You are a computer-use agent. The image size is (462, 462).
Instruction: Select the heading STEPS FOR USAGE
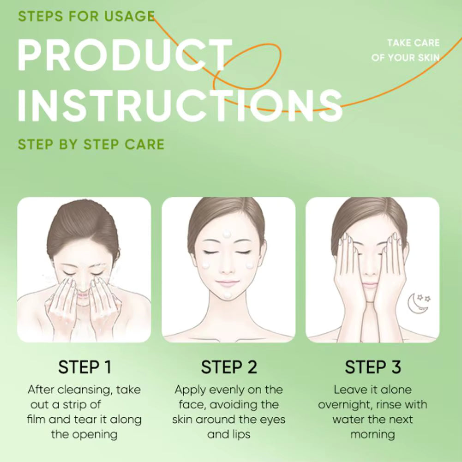click(x=86, y=16)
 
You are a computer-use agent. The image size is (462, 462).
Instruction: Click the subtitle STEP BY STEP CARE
click(x=91, y=144)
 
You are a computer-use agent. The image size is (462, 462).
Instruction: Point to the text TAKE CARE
click(x=413, y=43)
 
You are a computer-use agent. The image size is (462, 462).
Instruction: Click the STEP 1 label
click(x=84, y=367)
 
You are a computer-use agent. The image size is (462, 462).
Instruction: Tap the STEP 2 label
click(x=228, y=367)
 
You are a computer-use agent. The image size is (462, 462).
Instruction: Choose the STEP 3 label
click(x=373, y=367)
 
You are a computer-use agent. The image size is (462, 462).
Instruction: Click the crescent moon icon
click(x=414, y=305)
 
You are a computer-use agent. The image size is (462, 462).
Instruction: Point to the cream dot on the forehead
click(x=227, y=234)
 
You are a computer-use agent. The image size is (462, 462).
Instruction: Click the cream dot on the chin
click(x=227, y=294)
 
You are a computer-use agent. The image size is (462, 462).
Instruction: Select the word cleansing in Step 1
click(x=86, y=390)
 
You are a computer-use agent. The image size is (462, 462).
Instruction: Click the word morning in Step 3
click(x=372, y=434)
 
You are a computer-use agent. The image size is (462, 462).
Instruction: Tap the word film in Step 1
click(x=36, y=420)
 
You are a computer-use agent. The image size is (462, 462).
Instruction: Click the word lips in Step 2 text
click(x=241, y=434)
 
